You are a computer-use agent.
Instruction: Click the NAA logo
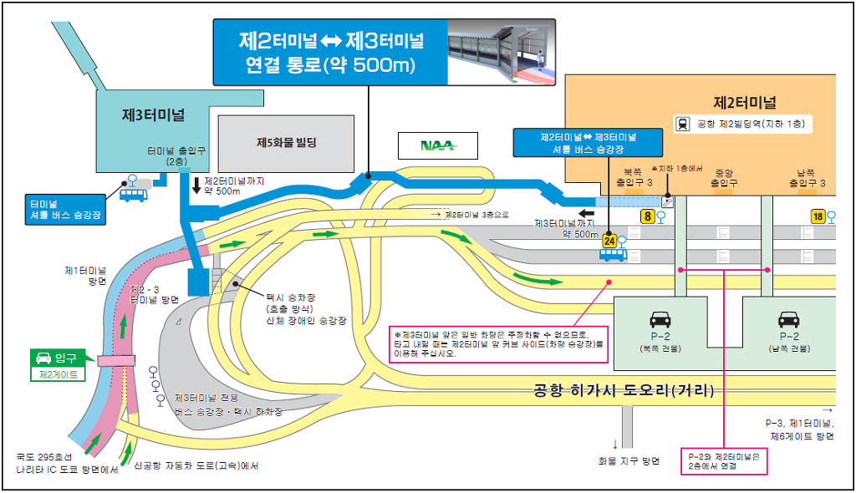click(x=437, y=145)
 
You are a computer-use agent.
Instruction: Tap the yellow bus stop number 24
click(x=609, y=241)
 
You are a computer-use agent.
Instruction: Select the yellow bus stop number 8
click(x=647, y=216)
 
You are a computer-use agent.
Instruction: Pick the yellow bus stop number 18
click(x=818, y=216)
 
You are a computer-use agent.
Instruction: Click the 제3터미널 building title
click(x=153, y=114)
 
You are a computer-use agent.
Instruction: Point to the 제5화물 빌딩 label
click(x=287, y=142)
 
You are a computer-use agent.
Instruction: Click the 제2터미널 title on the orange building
click(x=745, y=103)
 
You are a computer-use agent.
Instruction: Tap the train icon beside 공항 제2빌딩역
click(x=683, y=124)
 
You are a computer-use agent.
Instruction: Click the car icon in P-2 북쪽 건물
click(x=660, y=318)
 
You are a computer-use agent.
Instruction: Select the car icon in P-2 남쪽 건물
click(x=788, y=318)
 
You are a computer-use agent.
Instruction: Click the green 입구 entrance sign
click(x=58, y=358)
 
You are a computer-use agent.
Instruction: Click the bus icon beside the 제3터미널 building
click(x=134, y=194)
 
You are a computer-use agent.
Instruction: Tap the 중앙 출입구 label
click(x=723, y=178)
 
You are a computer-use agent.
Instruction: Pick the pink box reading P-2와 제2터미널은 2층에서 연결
click(x=724, y=461)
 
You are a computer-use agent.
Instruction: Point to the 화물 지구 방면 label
click(x=629, y=461)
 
